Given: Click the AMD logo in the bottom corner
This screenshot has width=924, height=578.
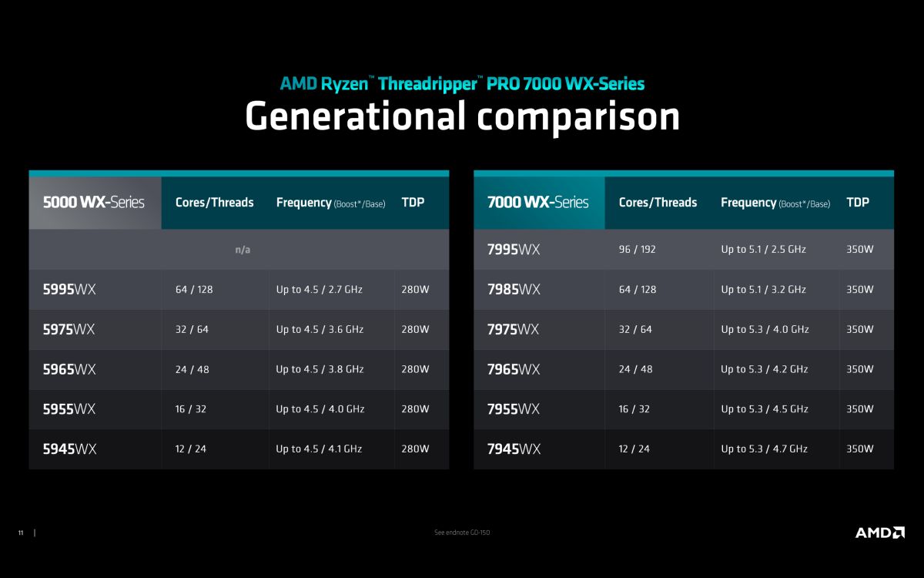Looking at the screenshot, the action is click(x=880, y=533).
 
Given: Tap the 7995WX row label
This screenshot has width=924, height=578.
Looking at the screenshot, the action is click(x=514, y=250).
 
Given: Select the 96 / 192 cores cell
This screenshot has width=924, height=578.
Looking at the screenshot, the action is click(x=637, y=250).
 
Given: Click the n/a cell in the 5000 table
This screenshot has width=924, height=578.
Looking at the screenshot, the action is click(x=243, y=250).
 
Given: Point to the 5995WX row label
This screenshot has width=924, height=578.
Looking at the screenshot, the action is click(x=69, y=290).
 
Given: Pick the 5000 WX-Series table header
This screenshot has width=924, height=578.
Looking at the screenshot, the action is click(x=94, y=202).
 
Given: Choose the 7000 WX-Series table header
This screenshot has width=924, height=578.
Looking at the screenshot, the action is click(x=538, y=202).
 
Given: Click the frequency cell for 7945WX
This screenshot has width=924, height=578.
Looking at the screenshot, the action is click(x=764, y=449).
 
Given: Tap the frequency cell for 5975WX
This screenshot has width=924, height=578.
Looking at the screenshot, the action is click(x=320, y=330).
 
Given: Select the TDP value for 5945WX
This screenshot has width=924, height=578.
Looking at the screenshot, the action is click(x=415, y=449).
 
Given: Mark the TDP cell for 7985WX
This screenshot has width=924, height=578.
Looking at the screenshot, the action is click(x=860, y=290).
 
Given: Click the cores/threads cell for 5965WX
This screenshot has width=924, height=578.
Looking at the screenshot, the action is click(x=192, y=369).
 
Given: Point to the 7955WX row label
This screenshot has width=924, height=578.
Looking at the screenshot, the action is click(x=513, y=409).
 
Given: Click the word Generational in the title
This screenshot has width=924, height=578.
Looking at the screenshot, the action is click(x=356, y=116).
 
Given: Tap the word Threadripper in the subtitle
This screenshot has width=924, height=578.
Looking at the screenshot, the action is click(x=428, y=84).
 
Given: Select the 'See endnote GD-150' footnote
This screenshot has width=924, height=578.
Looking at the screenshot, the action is click(x=462, y=533).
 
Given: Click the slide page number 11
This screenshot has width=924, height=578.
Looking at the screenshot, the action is click(x=21, y=533).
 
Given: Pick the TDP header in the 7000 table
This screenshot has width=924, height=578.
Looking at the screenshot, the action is click(x=858, y=202).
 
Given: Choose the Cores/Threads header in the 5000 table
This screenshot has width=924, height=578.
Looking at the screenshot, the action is click(x=215, y=202).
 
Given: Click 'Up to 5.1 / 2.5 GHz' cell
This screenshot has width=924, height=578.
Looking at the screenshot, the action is click(x=763, y=250).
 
